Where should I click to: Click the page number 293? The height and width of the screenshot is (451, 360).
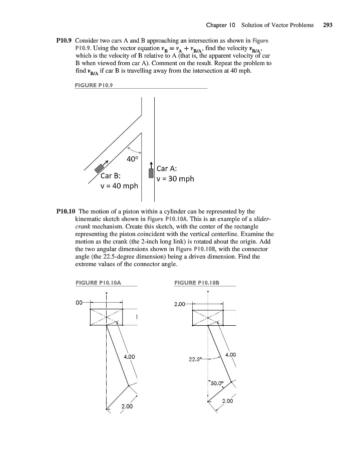[328, 25]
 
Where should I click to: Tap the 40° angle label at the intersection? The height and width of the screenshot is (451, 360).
[132, 160]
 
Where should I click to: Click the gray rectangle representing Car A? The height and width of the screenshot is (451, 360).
[151, 173]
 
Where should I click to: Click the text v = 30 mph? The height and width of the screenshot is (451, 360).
[175, 179]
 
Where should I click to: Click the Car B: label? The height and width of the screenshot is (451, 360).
[111, 176]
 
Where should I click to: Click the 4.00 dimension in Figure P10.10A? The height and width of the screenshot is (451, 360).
[129, 357]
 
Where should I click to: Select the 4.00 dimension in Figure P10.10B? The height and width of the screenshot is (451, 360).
[231, 355]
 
